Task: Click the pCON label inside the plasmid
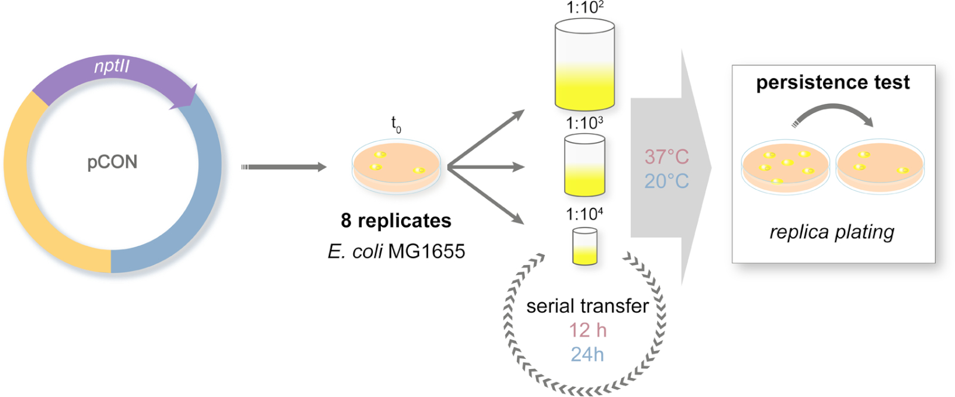[112, 162]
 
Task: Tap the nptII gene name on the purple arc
[112, 66]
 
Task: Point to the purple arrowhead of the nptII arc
[186, 98]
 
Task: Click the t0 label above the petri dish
[396, 124]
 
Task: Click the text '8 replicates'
[396, 221]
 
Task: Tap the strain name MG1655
[426, 251]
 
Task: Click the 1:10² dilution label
[584, 8]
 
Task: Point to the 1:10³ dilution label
[584, 124]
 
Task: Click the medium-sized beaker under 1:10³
[584, 165]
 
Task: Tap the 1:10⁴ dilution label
[584, 214]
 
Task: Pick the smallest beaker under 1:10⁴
[584, 246]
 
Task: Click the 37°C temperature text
[666, 157]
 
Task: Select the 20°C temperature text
[666, 181]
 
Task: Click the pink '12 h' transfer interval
[587, 330]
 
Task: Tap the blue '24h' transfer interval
[587, 355]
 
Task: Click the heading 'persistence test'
[833, 82]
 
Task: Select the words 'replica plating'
[831, 232]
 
